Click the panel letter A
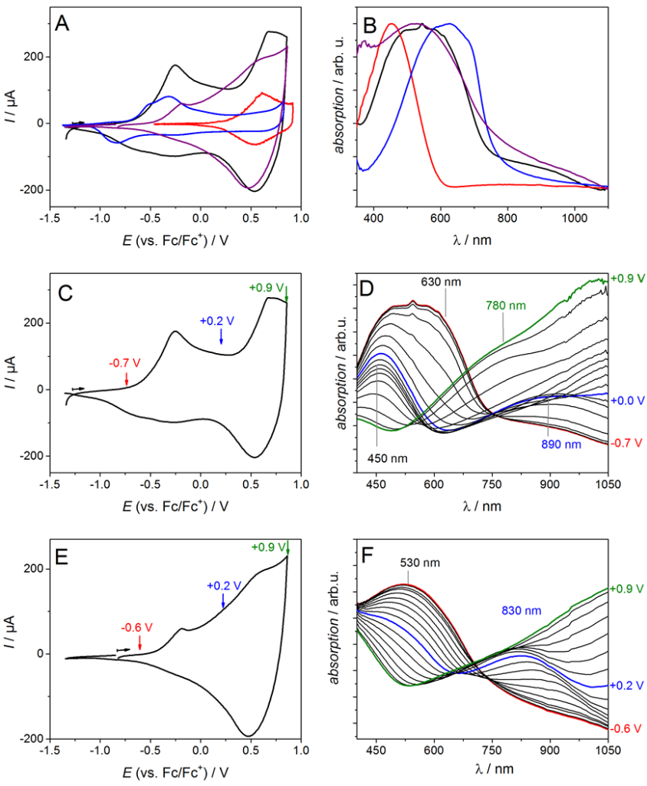pos(63,24)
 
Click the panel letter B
pos(369,25)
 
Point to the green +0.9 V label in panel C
pos(266,289)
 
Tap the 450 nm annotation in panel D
pos(378,459)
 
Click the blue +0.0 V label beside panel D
pos(626,401)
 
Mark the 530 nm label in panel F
pos(419,562)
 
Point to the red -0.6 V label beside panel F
pos(626,727)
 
